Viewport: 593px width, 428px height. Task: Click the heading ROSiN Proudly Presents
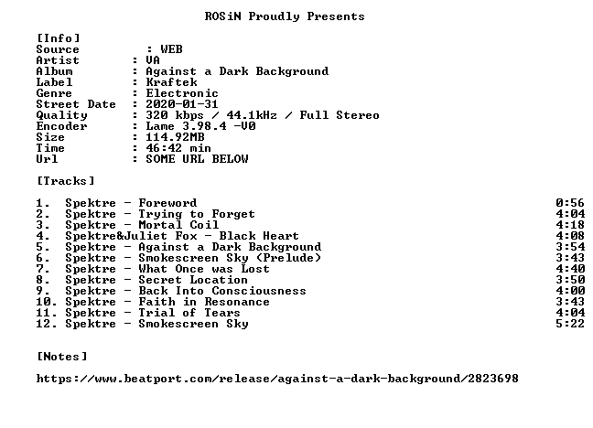285,16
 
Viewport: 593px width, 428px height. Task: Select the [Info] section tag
59,38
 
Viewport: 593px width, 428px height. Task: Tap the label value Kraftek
171,82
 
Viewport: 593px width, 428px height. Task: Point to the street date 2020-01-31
182,104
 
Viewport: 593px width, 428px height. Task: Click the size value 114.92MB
175,137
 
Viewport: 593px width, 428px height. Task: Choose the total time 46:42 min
178,148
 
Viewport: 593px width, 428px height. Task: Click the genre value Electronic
182,93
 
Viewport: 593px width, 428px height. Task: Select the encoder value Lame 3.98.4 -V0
200,126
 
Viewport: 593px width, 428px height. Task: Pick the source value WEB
171,49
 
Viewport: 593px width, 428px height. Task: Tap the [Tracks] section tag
65,181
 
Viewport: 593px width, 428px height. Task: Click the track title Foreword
167,203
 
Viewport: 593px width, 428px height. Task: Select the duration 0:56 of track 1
570,203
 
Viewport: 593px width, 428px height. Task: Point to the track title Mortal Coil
178,225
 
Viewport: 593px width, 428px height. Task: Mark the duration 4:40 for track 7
570,269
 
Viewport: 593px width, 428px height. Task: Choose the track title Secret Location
193,280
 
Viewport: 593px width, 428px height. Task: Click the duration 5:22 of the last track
570,324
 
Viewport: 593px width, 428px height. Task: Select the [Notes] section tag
62,357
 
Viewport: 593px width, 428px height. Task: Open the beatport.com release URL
277,379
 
